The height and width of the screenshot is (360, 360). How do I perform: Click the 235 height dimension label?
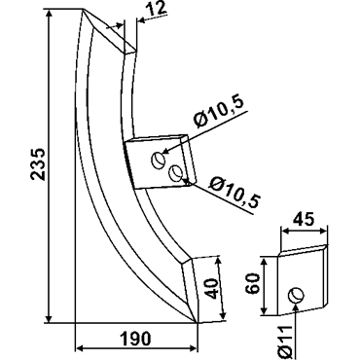tap(38, 164)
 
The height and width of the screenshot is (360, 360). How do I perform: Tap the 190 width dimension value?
tap(136, 339)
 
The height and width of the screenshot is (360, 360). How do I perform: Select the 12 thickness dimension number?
tap(158, 10)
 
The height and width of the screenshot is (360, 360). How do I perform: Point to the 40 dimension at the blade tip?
tap(211, 289)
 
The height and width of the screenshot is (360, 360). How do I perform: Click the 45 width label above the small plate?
tap(304, 220)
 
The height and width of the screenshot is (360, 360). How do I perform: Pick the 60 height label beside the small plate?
tap(253, 283)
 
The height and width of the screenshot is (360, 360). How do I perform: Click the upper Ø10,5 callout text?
tap(218, 114)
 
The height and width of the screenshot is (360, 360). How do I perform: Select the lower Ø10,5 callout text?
tap(234, 193)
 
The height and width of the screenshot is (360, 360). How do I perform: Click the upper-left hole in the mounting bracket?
tap(159, 161)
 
